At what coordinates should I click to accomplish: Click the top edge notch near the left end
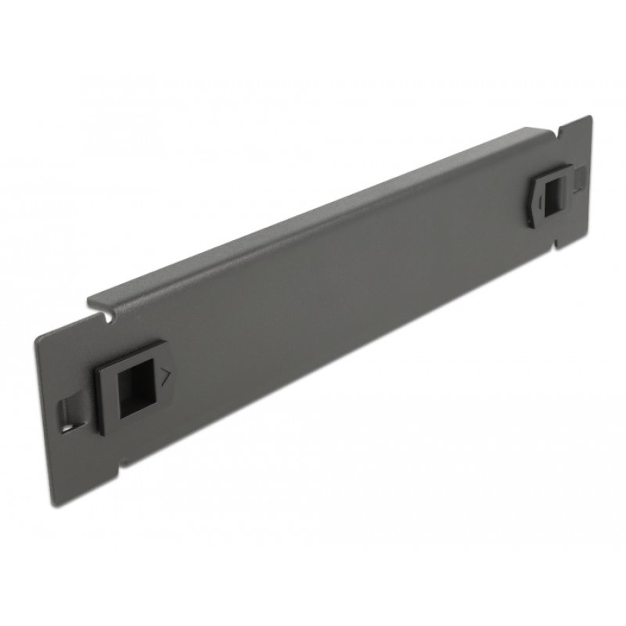[x=102, y=317]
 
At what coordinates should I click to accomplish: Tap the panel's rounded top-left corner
[x=41, y=336]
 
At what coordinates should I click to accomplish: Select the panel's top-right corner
[x=588, y=117]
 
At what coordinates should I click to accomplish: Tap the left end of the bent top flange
[x=91, y=300]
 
